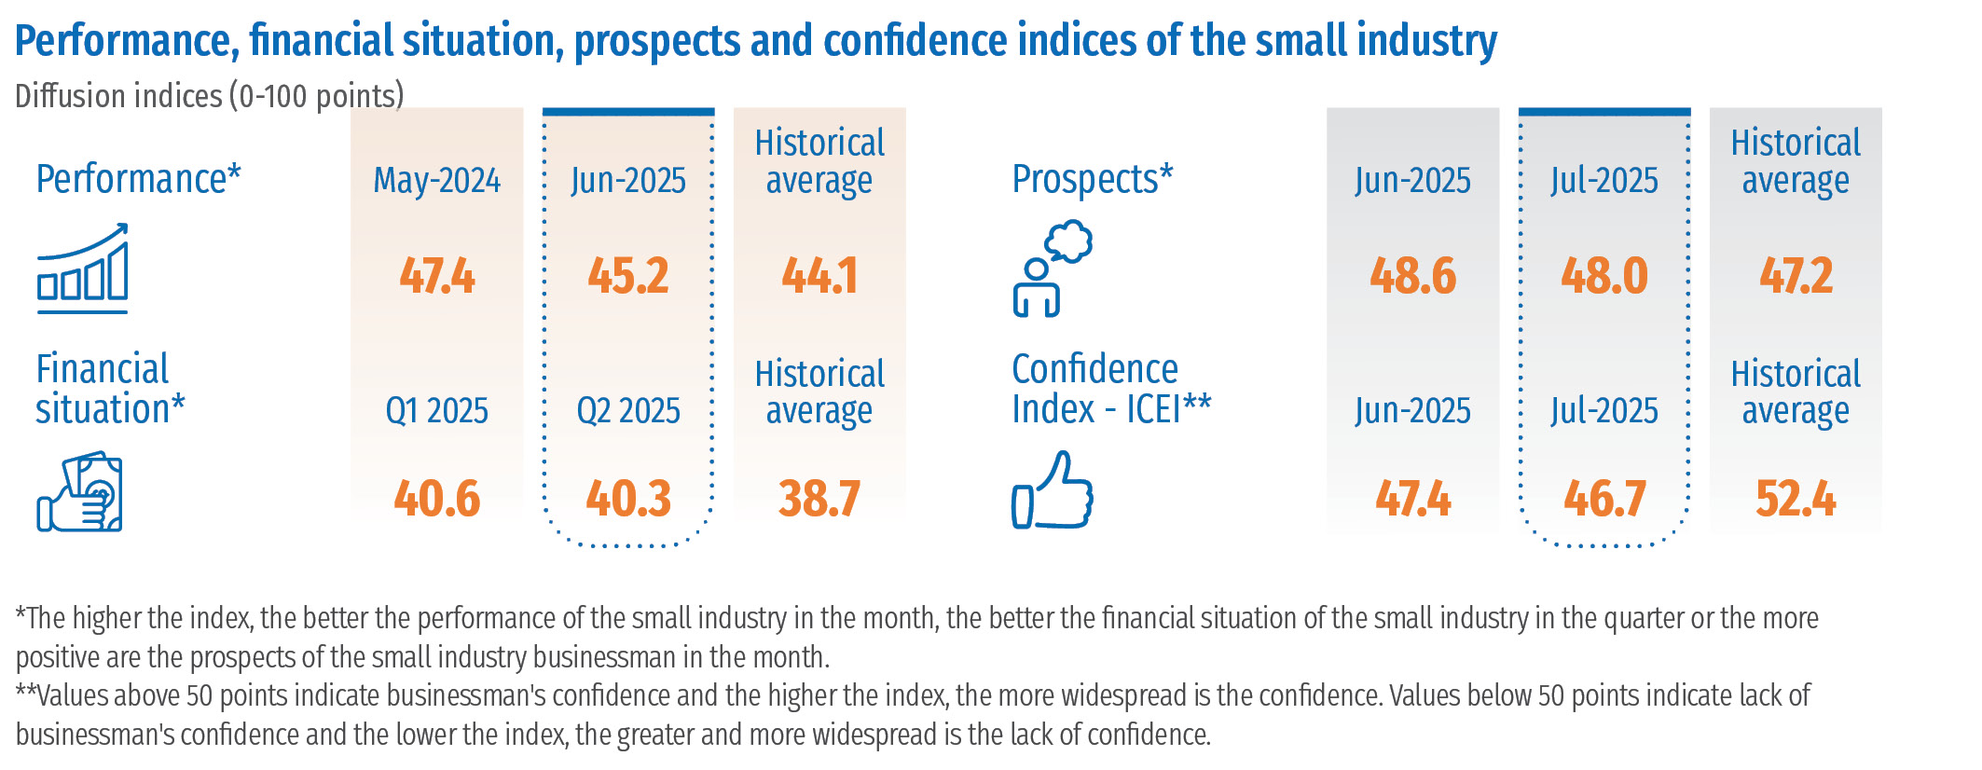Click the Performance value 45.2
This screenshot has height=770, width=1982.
click(x=627, y=276)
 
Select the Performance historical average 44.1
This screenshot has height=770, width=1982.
click(x=819, y=276)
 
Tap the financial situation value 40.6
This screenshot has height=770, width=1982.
click(x=436, y=499)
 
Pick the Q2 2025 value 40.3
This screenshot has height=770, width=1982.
click(x=627, y=499)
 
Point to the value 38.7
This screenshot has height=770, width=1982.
click(x=819, y=499)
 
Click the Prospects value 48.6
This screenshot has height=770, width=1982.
click(x=1412, y=276)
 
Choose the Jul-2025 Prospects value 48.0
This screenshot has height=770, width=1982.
click(x=1603, y=276)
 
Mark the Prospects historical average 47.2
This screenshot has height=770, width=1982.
click(x=1796, y=276)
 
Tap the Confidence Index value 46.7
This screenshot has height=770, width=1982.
click(x=1603, y=499)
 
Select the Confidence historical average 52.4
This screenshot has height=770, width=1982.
click(x=1796, y=499)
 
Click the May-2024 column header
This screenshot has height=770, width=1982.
click(x=436, y=180)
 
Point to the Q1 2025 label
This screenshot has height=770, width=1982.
click(x=436, y=410)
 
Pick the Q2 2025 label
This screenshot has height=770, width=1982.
click(x=627, y=410)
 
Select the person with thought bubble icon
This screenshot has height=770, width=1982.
click(x=1052, y=268)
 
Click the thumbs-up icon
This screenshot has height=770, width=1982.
click(x=1053, y=490)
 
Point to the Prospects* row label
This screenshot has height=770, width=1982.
click(x=1093, y=179)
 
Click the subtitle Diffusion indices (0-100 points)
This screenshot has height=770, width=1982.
click(x=210, y=96)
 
